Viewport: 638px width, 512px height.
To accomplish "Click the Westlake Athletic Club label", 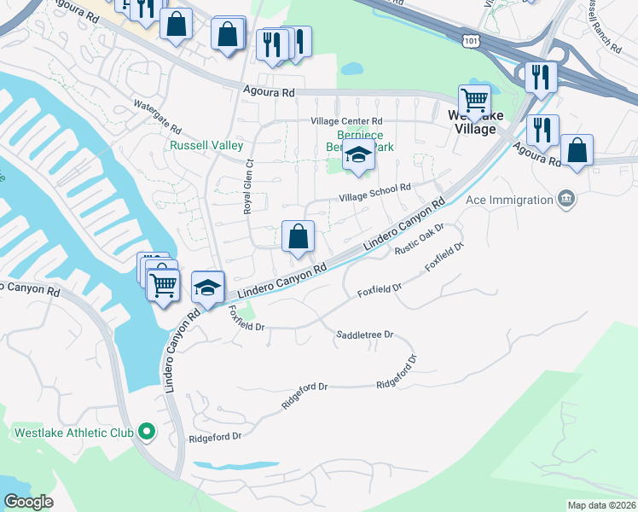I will (x=74, y=433).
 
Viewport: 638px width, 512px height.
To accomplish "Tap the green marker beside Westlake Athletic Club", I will (x=147, y=433).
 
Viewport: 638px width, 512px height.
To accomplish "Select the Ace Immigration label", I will (x=509, y=201).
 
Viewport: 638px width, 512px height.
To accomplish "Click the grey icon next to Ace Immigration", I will (x=565, y=200).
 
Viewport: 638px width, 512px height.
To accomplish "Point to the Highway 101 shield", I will (x=475, y=40).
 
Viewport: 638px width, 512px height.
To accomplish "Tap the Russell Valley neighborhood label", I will (x=206, y=146).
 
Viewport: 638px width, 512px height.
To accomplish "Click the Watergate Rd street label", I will (x=158, y=118).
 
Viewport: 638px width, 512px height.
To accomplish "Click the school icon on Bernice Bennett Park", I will (x=358, y=157).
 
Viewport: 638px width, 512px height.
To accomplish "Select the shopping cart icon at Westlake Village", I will (x=473, y=99).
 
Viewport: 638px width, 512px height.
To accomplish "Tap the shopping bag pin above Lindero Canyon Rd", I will (x=299, y=236).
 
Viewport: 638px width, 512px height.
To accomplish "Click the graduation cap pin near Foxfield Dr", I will (x=207, y=287).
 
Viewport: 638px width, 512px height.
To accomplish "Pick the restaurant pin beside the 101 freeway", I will (x=541, y=77).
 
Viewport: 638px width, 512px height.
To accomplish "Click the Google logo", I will (x=28, y=502).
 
